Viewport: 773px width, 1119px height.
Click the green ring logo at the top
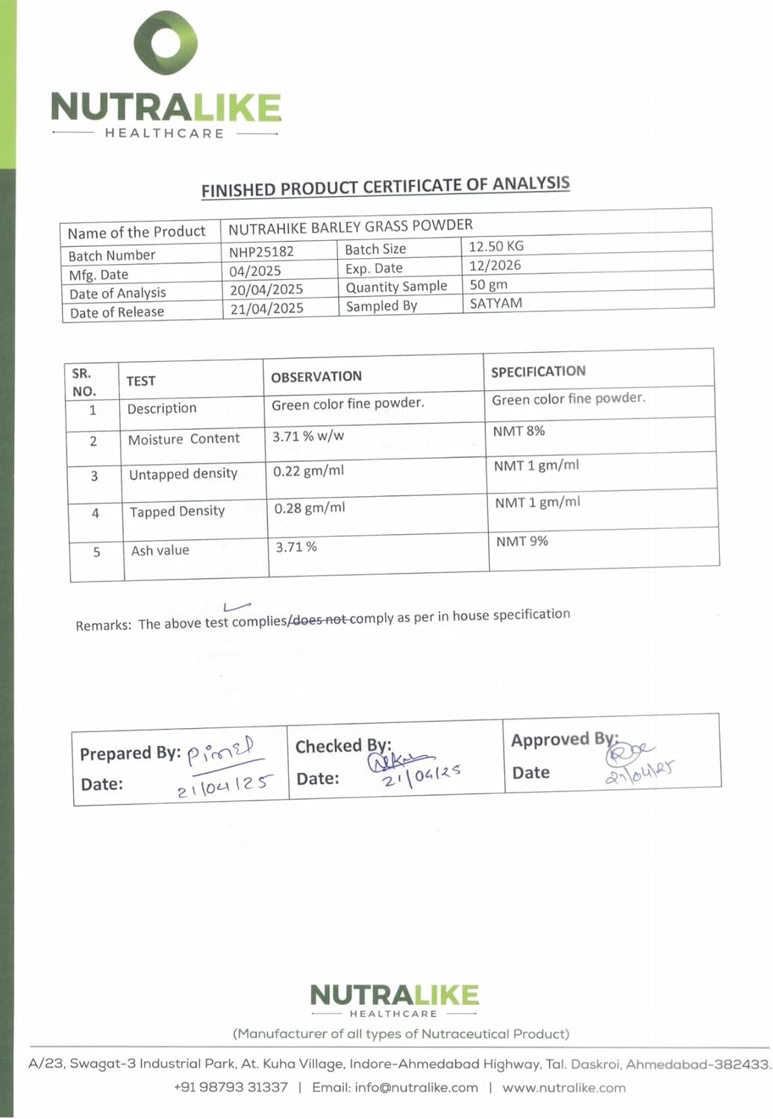(166, 43)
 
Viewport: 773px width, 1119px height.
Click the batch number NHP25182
(261, 252)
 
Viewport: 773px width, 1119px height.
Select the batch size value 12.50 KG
(496, 246)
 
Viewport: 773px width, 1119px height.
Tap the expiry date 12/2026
(495, 266)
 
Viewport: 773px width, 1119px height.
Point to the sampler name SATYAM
(495, 304)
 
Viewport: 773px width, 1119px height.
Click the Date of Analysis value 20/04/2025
(266, 289)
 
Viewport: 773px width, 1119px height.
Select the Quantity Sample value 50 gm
(488, 285)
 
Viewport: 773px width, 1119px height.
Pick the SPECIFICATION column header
(538, 372)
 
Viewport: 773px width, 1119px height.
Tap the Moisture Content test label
(184, 439)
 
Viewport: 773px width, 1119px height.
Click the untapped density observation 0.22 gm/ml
(308, 471)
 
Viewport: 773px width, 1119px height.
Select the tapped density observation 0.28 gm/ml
(309, 509)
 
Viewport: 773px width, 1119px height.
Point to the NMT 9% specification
(522, 542)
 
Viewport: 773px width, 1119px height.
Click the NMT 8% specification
(519, 431)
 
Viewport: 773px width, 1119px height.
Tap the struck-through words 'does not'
(319, 620)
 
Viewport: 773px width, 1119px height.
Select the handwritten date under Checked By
(421, 776)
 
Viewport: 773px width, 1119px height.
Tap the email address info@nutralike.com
(395, 1088)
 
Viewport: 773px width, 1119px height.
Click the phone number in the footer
(231, 1088)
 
